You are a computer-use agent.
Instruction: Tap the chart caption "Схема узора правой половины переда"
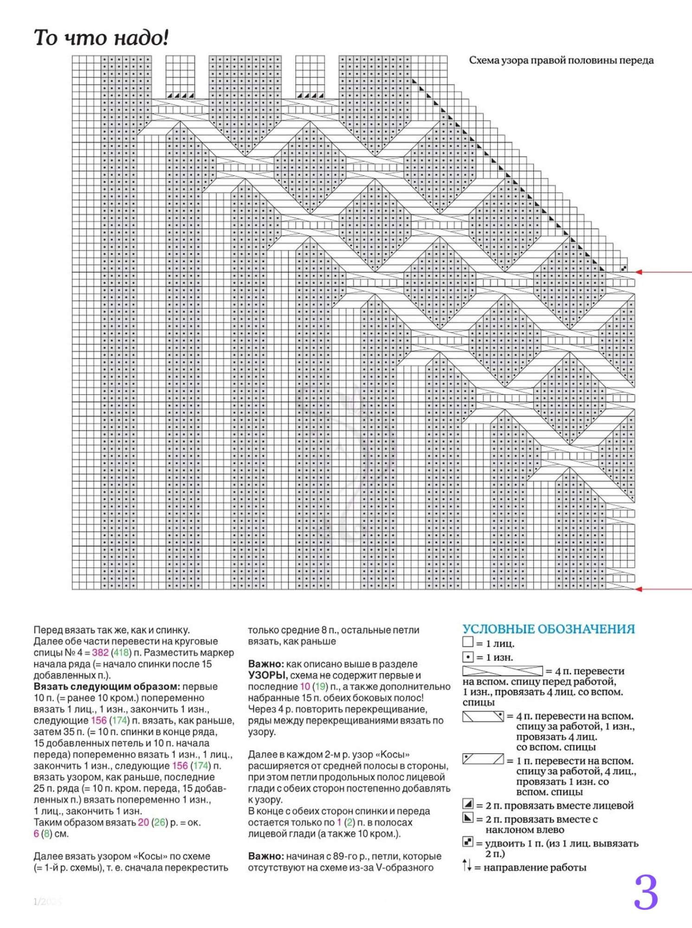561,60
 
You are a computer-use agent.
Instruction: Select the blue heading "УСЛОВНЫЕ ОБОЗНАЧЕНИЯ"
548,629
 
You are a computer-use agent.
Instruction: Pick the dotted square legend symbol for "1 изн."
467,657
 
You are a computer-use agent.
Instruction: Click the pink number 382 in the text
100,653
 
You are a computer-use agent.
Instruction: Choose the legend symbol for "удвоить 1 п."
467,841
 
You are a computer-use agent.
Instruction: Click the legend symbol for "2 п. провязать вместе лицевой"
467,804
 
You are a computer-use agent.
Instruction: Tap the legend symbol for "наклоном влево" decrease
467,818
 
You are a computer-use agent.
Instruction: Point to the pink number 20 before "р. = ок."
143,822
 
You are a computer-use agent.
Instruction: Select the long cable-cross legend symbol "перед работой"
502,671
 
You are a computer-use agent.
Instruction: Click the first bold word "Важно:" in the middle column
265,664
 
